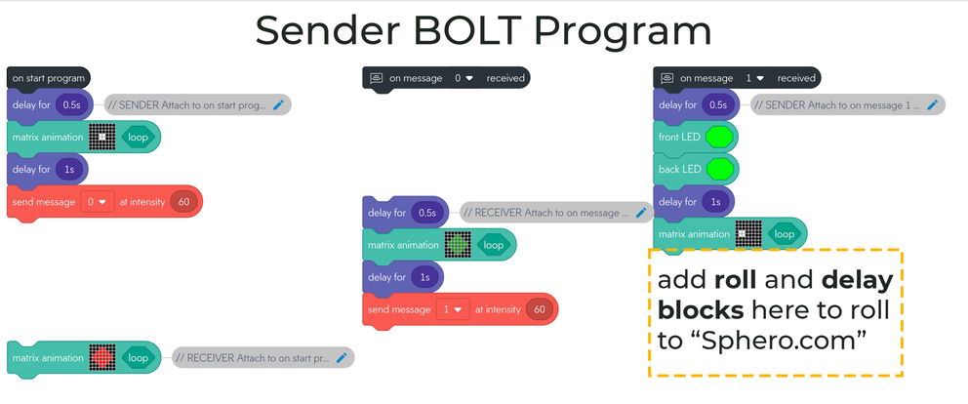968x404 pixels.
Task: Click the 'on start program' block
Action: (x=49, y=77)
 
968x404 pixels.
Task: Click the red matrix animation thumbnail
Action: (x=101, y=358)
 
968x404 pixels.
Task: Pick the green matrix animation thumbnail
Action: (x=457, y=245)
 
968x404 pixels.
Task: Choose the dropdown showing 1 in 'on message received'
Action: (x=752, y=77)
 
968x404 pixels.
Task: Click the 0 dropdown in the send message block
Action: (x=99, y=202)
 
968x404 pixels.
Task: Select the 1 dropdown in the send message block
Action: (x=454, y=309)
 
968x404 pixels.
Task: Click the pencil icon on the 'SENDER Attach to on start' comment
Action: (x=278, y=104)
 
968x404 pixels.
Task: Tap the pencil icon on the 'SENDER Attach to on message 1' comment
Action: (x=932, y=104)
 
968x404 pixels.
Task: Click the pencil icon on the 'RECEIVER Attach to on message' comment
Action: (x=641, y=212)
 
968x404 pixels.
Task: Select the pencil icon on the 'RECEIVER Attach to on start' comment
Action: (x=342, y=358)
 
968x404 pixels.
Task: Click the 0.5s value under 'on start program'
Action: (x=71, y=104)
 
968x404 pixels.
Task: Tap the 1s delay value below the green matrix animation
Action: (x=424, y=277)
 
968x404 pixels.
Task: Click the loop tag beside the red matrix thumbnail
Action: (x=138, y=358)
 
